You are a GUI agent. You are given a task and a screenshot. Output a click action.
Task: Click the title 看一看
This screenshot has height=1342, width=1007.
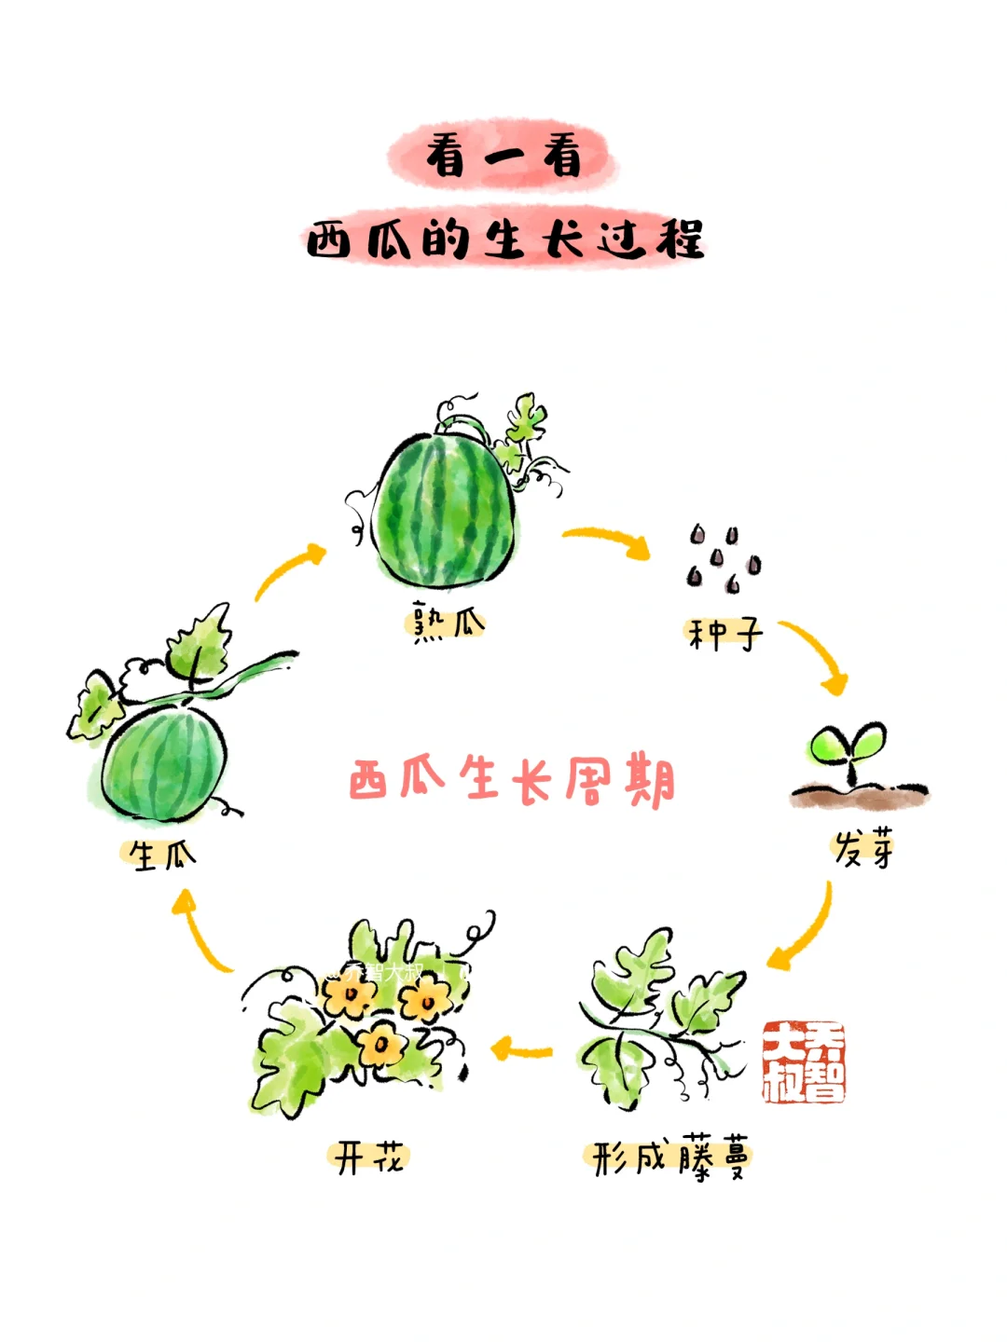[x=504, y=156]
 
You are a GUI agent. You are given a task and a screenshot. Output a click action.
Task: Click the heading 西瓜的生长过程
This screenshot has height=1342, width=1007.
[x=504, y=240]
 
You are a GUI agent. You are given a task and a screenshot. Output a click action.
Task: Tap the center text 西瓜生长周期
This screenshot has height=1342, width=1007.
[x=511, y=781]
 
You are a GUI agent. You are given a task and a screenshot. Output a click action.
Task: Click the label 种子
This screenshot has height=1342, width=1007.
[x=724, y=635]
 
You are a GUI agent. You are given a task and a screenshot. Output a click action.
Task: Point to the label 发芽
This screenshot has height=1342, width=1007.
[x=863, y=849]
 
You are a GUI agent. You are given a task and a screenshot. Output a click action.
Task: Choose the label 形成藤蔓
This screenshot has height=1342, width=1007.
[x=669, y=1159]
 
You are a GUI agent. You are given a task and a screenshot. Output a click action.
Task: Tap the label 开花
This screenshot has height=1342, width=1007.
[x=369, y=1158]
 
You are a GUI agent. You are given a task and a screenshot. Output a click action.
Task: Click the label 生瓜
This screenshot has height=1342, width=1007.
[x=161, y=855]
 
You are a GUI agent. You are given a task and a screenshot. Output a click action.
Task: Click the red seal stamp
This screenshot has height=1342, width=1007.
[x=804, y=1061]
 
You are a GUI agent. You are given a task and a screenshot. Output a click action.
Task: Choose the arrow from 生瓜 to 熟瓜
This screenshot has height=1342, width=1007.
[x=288, y=571]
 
